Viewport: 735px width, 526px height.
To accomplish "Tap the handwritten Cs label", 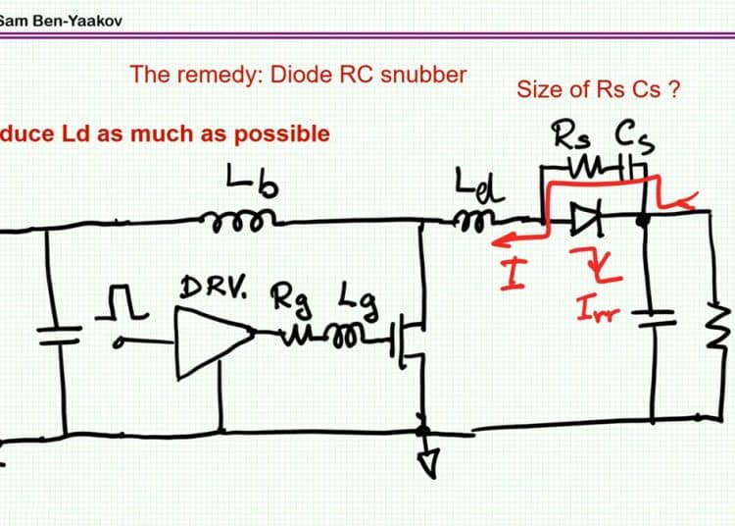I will pyautogui.click(x=634, y=135).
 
